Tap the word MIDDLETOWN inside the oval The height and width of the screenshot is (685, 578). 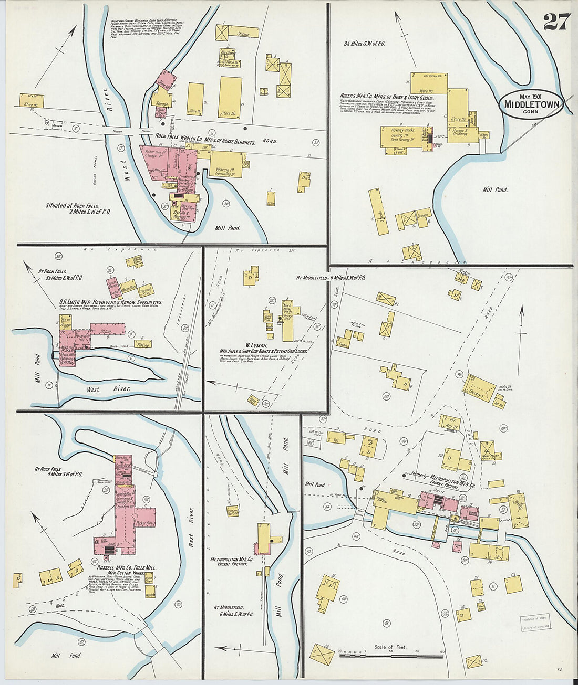(532, 104)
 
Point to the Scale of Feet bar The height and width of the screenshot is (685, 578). (391, 655)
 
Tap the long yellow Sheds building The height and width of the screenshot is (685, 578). (376, 212)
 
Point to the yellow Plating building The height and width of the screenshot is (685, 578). (143, 344)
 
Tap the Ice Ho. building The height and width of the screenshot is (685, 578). (499, 403)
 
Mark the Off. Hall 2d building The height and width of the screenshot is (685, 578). (451, 423)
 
